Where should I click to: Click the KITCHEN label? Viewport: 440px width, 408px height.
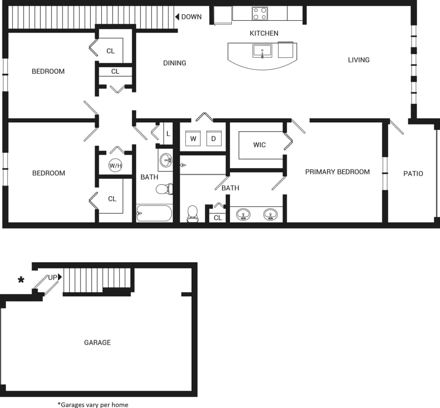pyautogui.click(x=264, y=33)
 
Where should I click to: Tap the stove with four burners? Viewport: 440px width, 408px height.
pyautogui.click(x=260, y=13)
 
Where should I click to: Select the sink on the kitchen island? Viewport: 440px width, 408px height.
pyautogui.click(x=262, y=51)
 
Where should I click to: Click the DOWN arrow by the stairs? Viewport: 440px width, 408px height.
pyautogui.click(x=177, y=17)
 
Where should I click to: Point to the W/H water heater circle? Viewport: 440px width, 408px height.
pyautogui.click(x=115, y=166)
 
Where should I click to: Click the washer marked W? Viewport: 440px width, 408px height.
pyautogui.click(x=193, y=139)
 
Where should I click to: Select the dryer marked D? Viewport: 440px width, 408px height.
pyautogui.click(x=213, y=139)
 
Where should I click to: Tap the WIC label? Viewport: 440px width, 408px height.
pyautogui.click(x=259, y=145)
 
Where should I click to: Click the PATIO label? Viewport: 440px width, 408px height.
pyautogui.click(x=413, y=174)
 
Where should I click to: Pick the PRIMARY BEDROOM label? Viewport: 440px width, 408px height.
pyautogui.click(x=337, y=172)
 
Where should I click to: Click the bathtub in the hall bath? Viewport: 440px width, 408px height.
pyautogui.click(x=154, y=213)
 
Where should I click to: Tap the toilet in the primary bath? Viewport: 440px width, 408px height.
pyautogui.click(x=193, y=214)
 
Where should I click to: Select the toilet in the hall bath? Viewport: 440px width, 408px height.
pyautogui.click(x=164, y=189)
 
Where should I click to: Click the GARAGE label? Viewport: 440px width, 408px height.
pyautogui.click(x=97, y=342)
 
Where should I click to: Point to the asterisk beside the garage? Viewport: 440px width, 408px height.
pyautogui.click(x=21, y=280)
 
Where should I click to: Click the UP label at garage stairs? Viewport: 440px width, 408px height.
pyautogui.click(x=53, y=277)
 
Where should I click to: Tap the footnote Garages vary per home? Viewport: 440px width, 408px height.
pyautogui.click(x=93, y=404)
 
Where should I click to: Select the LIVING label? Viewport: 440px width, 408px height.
pyautogui.click(x=359, y=60)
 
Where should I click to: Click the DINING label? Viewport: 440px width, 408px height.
pyautogui.click(x=175, y=63)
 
